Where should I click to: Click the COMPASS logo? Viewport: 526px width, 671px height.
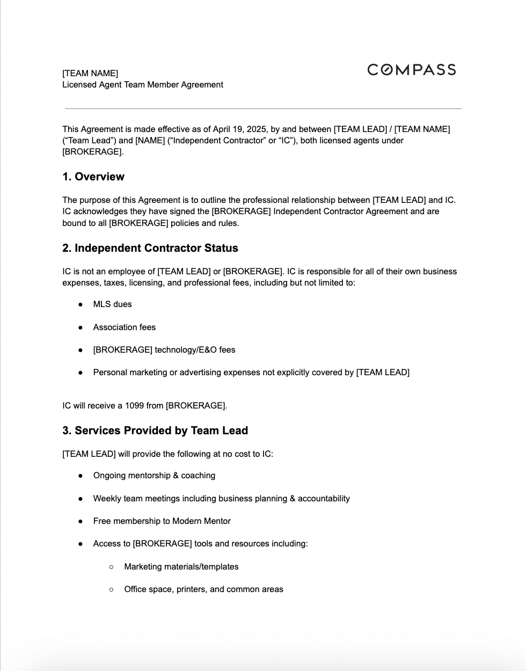[411, 70]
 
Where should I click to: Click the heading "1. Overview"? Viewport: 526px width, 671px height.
[93, 177]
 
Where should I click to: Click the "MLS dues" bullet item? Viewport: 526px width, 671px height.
[112, 304]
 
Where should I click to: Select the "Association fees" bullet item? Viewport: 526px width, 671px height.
[124, 327]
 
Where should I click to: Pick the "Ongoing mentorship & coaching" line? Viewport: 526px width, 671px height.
[154, 476]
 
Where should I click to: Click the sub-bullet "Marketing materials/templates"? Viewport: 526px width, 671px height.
[181, 567]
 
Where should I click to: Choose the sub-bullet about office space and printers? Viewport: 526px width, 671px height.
[203, 589]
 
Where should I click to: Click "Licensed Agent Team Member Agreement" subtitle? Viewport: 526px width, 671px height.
[142, 85]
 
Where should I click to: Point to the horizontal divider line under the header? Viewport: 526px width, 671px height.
[263, 109]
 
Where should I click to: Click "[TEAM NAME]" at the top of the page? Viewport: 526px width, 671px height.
[90, 74]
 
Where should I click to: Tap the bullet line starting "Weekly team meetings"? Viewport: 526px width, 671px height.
[221, 499]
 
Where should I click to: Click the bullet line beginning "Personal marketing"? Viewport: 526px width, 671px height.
[251, 373]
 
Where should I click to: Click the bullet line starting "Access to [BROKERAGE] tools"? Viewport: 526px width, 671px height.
[200, 544]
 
